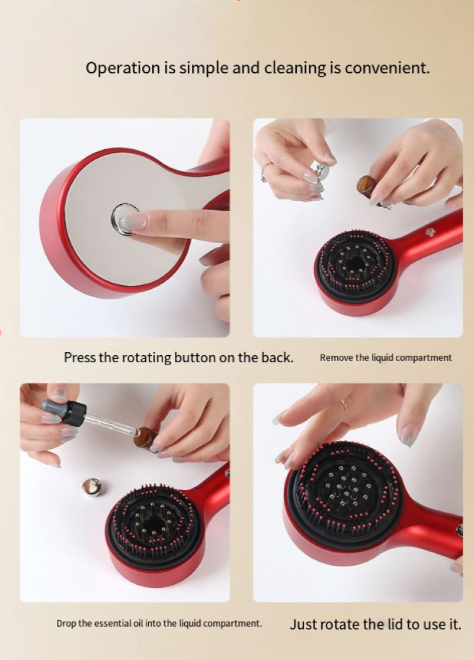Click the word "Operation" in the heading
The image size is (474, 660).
click(123, 67)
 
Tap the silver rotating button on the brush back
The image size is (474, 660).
click(125, 218)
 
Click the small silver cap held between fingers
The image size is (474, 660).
click(323, 170)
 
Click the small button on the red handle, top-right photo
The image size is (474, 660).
click(430, 231)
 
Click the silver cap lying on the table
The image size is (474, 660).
click(92, 487)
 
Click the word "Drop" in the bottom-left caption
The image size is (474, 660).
click(66, 623)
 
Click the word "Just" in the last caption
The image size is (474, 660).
click(303, 624)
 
